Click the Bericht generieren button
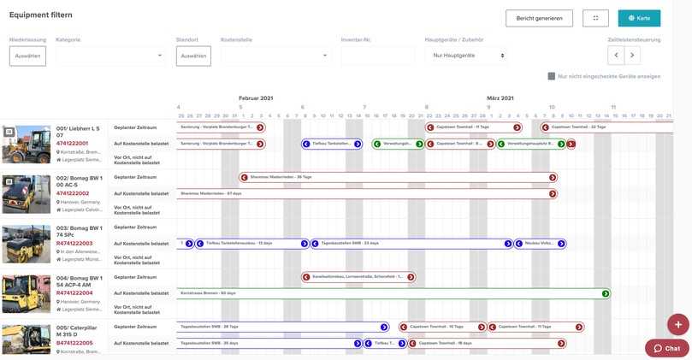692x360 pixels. click(x=539, y=18)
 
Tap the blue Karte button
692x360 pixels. click(x=639, y=18)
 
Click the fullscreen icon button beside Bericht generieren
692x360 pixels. click(x=595, y=18)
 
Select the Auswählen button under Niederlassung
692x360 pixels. click(x=27, y=56)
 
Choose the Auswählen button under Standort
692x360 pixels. click(x=193, y=56)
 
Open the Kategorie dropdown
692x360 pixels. click(x=110, y=56)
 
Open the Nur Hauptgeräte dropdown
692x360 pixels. click(x=466, y=56)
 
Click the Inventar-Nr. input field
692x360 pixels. click(x=377, y=56)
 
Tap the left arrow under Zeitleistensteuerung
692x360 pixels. click(x=616, y=56)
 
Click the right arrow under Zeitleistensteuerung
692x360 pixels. click(x=632, y=56)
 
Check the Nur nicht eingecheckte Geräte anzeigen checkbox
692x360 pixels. click(x=552, y=76)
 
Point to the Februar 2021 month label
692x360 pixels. click(x=255, y=98)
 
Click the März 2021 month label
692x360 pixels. click(x=500, y=98)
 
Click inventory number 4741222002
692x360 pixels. click(x=73, y=193)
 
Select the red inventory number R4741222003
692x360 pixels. click(x=74, y=244)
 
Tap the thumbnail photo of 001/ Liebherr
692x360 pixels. click(x=27, y=145)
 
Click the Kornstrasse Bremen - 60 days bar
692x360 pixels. click(x=393, y=293)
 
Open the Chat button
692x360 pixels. click(x=666, y=348)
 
